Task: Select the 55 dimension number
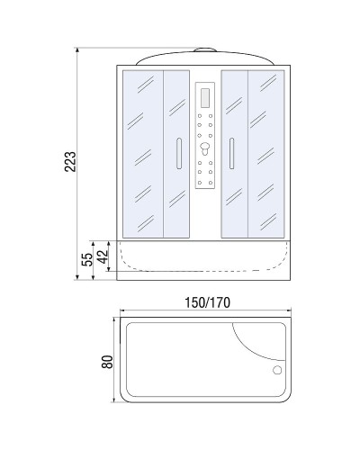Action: point(86,259)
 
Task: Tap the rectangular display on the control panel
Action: point(204,94)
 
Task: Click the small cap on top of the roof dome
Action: point(204,45)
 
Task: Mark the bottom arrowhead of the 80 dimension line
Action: point(114,406)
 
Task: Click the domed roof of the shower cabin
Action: point(204,57)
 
